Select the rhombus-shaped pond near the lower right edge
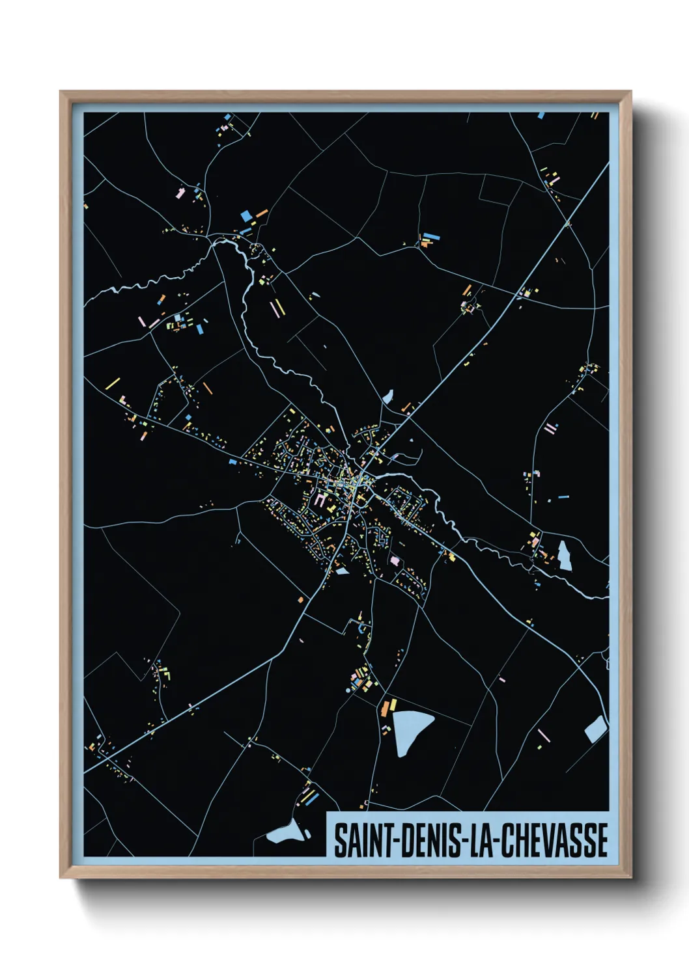coord(595,729)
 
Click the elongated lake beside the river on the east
coord(563,555)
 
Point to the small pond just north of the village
coord(388,396)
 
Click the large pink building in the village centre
coord(320,500)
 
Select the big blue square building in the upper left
coord(246,215)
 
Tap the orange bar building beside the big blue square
coord(261,213)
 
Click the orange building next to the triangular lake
coord(393,705)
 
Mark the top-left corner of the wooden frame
coord(61,92)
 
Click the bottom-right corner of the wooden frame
coord(630,877)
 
